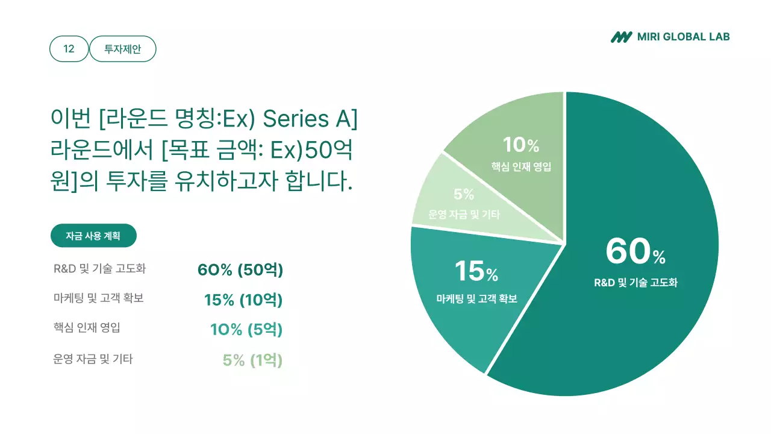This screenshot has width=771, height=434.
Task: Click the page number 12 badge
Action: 69,49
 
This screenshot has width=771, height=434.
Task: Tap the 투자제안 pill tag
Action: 123,49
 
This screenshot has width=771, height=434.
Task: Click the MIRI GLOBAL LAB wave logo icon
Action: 621,37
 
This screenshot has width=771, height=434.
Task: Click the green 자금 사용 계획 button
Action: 93,236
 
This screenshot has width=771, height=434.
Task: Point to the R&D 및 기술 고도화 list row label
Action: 99,269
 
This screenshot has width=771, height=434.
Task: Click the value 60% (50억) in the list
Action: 240,269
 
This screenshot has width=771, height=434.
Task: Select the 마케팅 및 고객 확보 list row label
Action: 99,298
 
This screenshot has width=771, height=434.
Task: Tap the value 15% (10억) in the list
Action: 243,300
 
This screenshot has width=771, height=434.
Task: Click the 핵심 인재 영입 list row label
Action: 87,328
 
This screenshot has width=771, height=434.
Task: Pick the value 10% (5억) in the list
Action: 246,330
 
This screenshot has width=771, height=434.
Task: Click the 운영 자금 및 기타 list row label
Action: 93,359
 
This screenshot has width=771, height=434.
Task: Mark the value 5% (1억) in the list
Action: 252,360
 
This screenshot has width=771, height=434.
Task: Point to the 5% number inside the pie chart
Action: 464,194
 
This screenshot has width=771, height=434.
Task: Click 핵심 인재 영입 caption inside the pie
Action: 521,167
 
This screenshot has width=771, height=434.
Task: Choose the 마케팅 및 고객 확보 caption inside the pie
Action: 476,298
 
